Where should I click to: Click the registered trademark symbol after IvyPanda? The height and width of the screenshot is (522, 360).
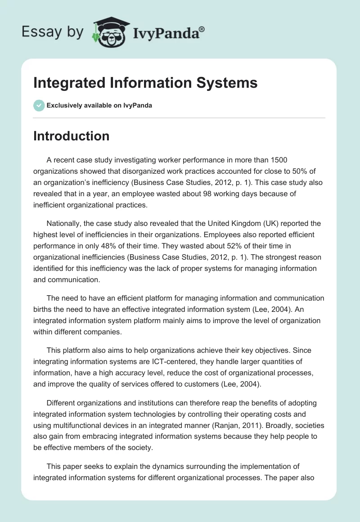pyautogui.click(x=202, y=29)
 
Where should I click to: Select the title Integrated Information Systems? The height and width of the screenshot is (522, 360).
pyautogui.click(x=145, y=83)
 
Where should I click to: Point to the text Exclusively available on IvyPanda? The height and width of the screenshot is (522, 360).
pyautogui.click(x=99, y=106)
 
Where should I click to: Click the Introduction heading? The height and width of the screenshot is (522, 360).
pyautogui.click(x=71, y=136)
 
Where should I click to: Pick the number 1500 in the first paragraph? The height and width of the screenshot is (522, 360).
pyautogui.click(x=278, y=160)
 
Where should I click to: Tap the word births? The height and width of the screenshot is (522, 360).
pyautogui.click(x=43, y=309)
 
